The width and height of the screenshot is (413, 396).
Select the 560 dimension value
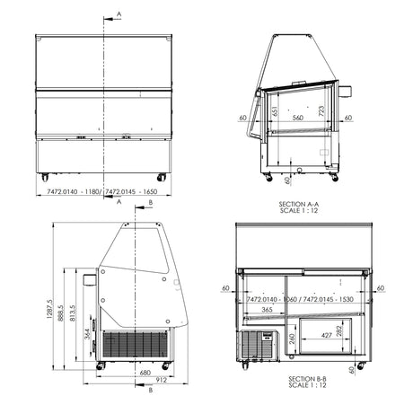(x=296, y=117)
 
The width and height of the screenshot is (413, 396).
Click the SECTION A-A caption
(x=298, y=204)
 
